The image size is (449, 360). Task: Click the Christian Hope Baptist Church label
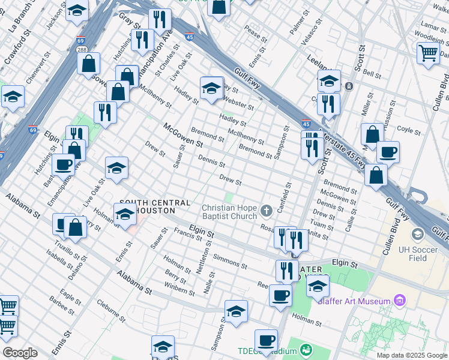pyautogui.click(x=229, y=211)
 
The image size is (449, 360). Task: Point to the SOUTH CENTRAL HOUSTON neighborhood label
pyautogui.click(x=155, y=207)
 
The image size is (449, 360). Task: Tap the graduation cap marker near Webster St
pyautogui.click(x=212, y=88)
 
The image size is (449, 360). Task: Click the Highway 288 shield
pyautogui.click(x=82, y=51)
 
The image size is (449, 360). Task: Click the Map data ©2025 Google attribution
pyautogui.click(x=411, y=355)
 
